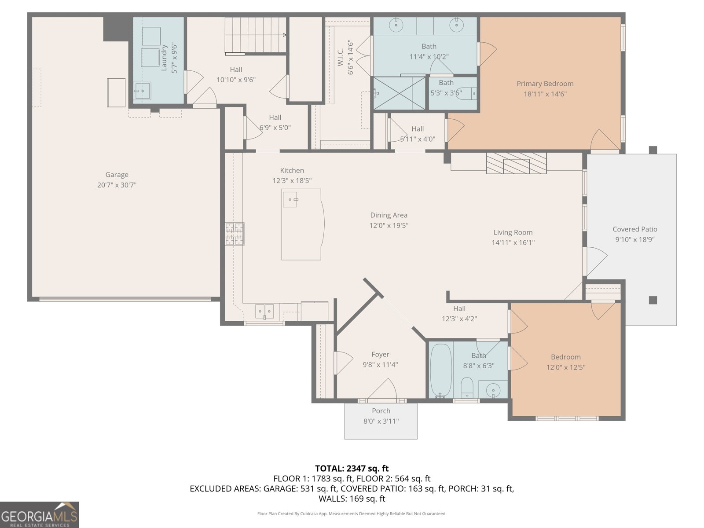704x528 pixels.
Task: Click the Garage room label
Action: pyautogui.click(x=117, y=175)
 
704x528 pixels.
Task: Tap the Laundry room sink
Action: pyautogui.click(x=143, y=91)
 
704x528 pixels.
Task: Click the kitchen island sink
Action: pyautogui.click(x=290, y=199)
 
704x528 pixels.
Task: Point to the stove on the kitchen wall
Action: pyautogui.click(x=235, y=234)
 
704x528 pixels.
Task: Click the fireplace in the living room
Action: pyautogui.click(x=516, y=163)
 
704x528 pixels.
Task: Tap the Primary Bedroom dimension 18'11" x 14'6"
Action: pyautogui.click(x=545, y=94)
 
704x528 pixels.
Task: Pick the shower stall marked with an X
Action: pyautogui.click(x=400, y=93)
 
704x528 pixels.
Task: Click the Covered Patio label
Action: pyautogui.click(x=635, y=229)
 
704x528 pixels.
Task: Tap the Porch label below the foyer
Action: pyautogui.click(x=381, y=411)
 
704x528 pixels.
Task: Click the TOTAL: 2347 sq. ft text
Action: pyautogui.click(x=352, y=469)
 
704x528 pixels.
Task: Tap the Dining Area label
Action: pyautogui.click(x=389, y=215)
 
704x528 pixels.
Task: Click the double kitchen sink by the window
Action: pyautogui.click(x=264, y=311)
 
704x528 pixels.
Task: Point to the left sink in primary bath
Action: pyautogui.click(x=397, y=25)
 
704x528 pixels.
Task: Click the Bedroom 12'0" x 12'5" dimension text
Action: pyautogui.click(x=566, y=367)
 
